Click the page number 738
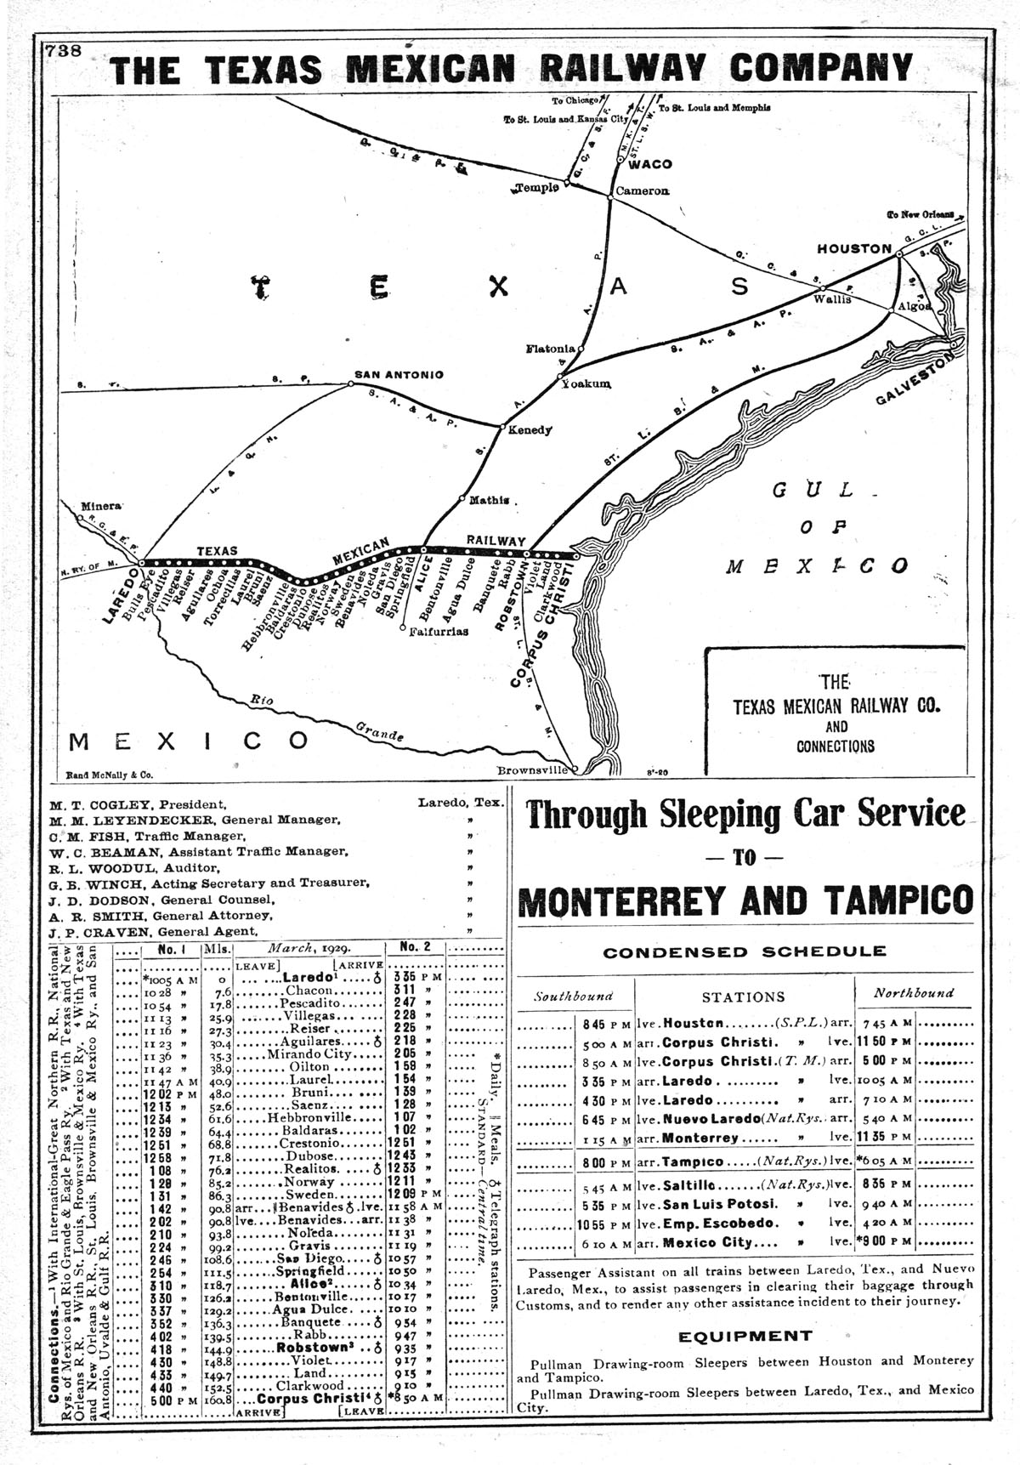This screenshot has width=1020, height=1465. (x=64, y=50)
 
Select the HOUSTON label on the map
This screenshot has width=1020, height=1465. (x=853, y=248)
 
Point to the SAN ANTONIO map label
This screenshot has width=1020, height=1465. (x=399, y=374)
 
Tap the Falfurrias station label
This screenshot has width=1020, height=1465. (x=439, y=631)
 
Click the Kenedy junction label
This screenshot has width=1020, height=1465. (x=530, y=430)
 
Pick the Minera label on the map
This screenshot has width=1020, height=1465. (x=101, y=507)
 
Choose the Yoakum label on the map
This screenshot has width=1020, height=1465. (x=586, y=384)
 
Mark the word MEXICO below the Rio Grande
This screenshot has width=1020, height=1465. (x=189, y=741)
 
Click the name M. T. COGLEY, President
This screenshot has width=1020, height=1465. (x=138, y=803)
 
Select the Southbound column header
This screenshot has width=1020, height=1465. (x=572, y=993)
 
